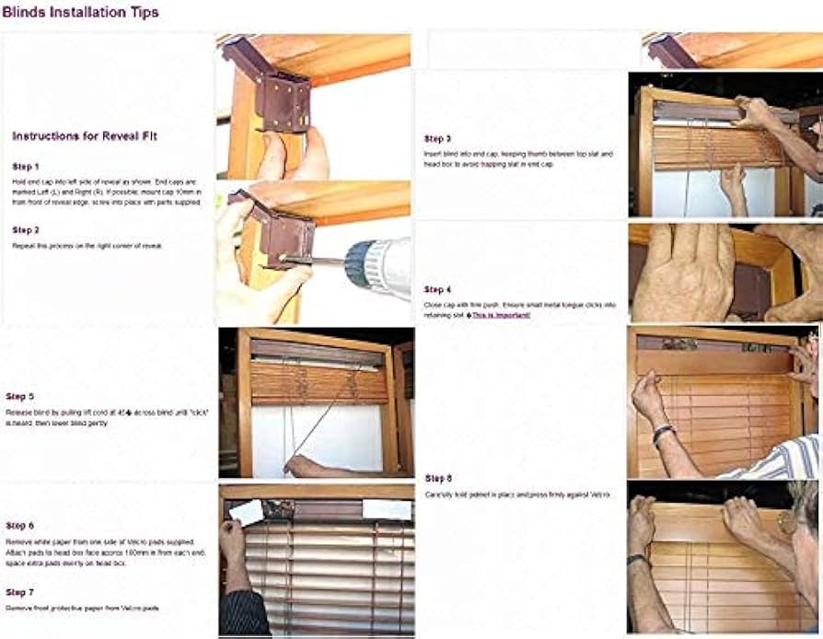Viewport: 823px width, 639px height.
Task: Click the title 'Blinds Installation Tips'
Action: [x=80, y=12]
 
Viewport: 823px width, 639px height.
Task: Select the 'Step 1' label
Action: [x=26, y=167]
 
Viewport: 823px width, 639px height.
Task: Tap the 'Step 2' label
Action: [x=26, y=229]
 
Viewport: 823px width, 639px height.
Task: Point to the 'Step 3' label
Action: [x=437, y=138]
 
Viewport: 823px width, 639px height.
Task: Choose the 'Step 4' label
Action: [x=437, y=289]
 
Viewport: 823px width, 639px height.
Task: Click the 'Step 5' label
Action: [x=19, y=397]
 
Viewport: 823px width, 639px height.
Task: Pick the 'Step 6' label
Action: [x=19, y=525]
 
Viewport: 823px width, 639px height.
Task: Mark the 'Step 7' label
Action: [x=19, y=592]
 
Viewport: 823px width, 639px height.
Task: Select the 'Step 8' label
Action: [x=438, y=478]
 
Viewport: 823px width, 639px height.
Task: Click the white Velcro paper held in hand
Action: [x=247, y=513]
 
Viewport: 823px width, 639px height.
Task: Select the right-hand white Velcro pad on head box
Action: [x=386, y=509]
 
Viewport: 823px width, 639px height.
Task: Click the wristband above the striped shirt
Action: [x=664, y=433]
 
